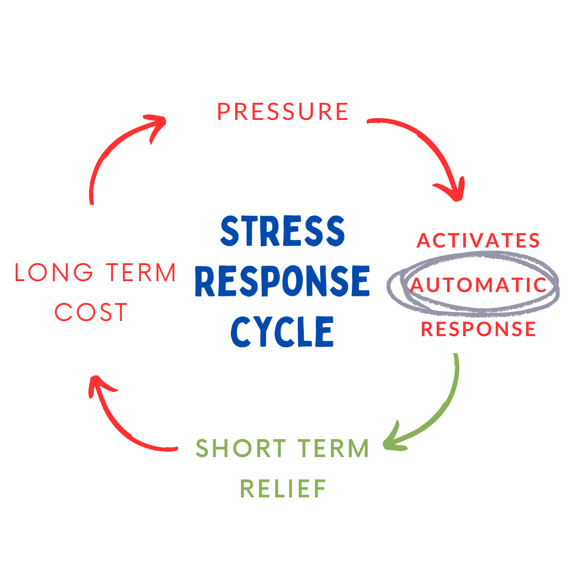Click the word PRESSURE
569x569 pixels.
point(283,112)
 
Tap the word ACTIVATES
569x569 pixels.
point(478,240)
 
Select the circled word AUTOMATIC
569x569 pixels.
point(478,285)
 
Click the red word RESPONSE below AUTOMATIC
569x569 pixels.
point(478,329)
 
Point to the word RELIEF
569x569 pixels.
point(283,489)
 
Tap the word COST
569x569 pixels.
point(91,312)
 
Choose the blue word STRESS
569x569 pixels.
point(283,231)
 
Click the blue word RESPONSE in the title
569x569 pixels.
point(282,281)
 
